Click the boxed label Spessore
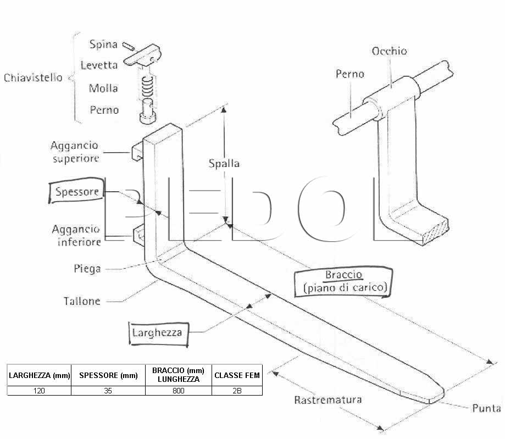[77, 191]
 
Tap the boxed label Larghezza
[157, 332]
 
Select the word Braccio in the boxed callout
[343, 275]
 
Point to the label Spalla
[224, 163]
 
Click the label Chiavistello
[33, 77]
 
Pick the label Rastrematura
[328, 399]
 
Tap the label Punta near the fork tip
[486, 408]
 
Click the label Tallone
[82, 301]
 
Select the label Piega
[87, 269]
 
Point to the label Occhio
[389, 51]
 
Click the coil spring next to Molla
[147, 86]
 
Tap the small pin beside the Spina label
[129, 46]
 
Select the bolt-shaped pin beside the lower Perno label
[148, 111]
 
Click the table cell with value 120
[39, 391]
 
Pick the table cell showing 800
[179, 391]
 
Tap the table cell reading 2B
[237, 391]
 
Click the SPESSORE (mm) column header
[108, 375]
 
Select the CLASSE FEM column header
[237, 375]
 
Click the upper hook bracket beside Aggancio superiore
[137, 152]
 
